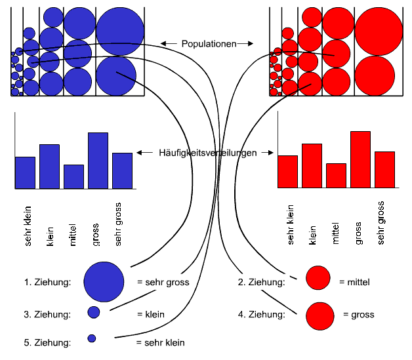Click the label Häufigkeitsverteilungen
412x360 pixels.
click(206, 153)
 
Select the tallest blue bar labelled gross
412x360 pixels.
click(98, 161)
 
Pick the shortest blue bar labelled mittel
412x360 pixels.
click(73, 176)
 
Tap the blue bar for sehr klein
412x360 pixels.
click(25, 172)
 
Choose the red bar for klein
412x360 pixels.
click(312, 165)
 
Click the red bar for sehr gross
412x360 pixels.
click(384, 170)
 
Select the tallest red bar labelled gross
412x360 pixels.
click(360, 159)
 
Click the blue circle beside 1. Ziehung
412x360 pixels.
click(104, 281)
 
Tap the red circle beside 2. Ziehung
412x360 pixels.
click(318, 277)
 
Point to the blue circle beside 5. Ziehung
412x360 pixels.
click(92, 338)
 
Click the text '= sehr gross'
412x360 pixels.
click(163, 283)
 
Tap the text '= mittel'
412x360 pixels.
click(355, 283)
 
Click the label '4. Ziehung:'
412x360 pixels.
click(261, 315)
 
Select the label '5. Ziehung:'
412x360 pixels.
click(47, 342)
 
